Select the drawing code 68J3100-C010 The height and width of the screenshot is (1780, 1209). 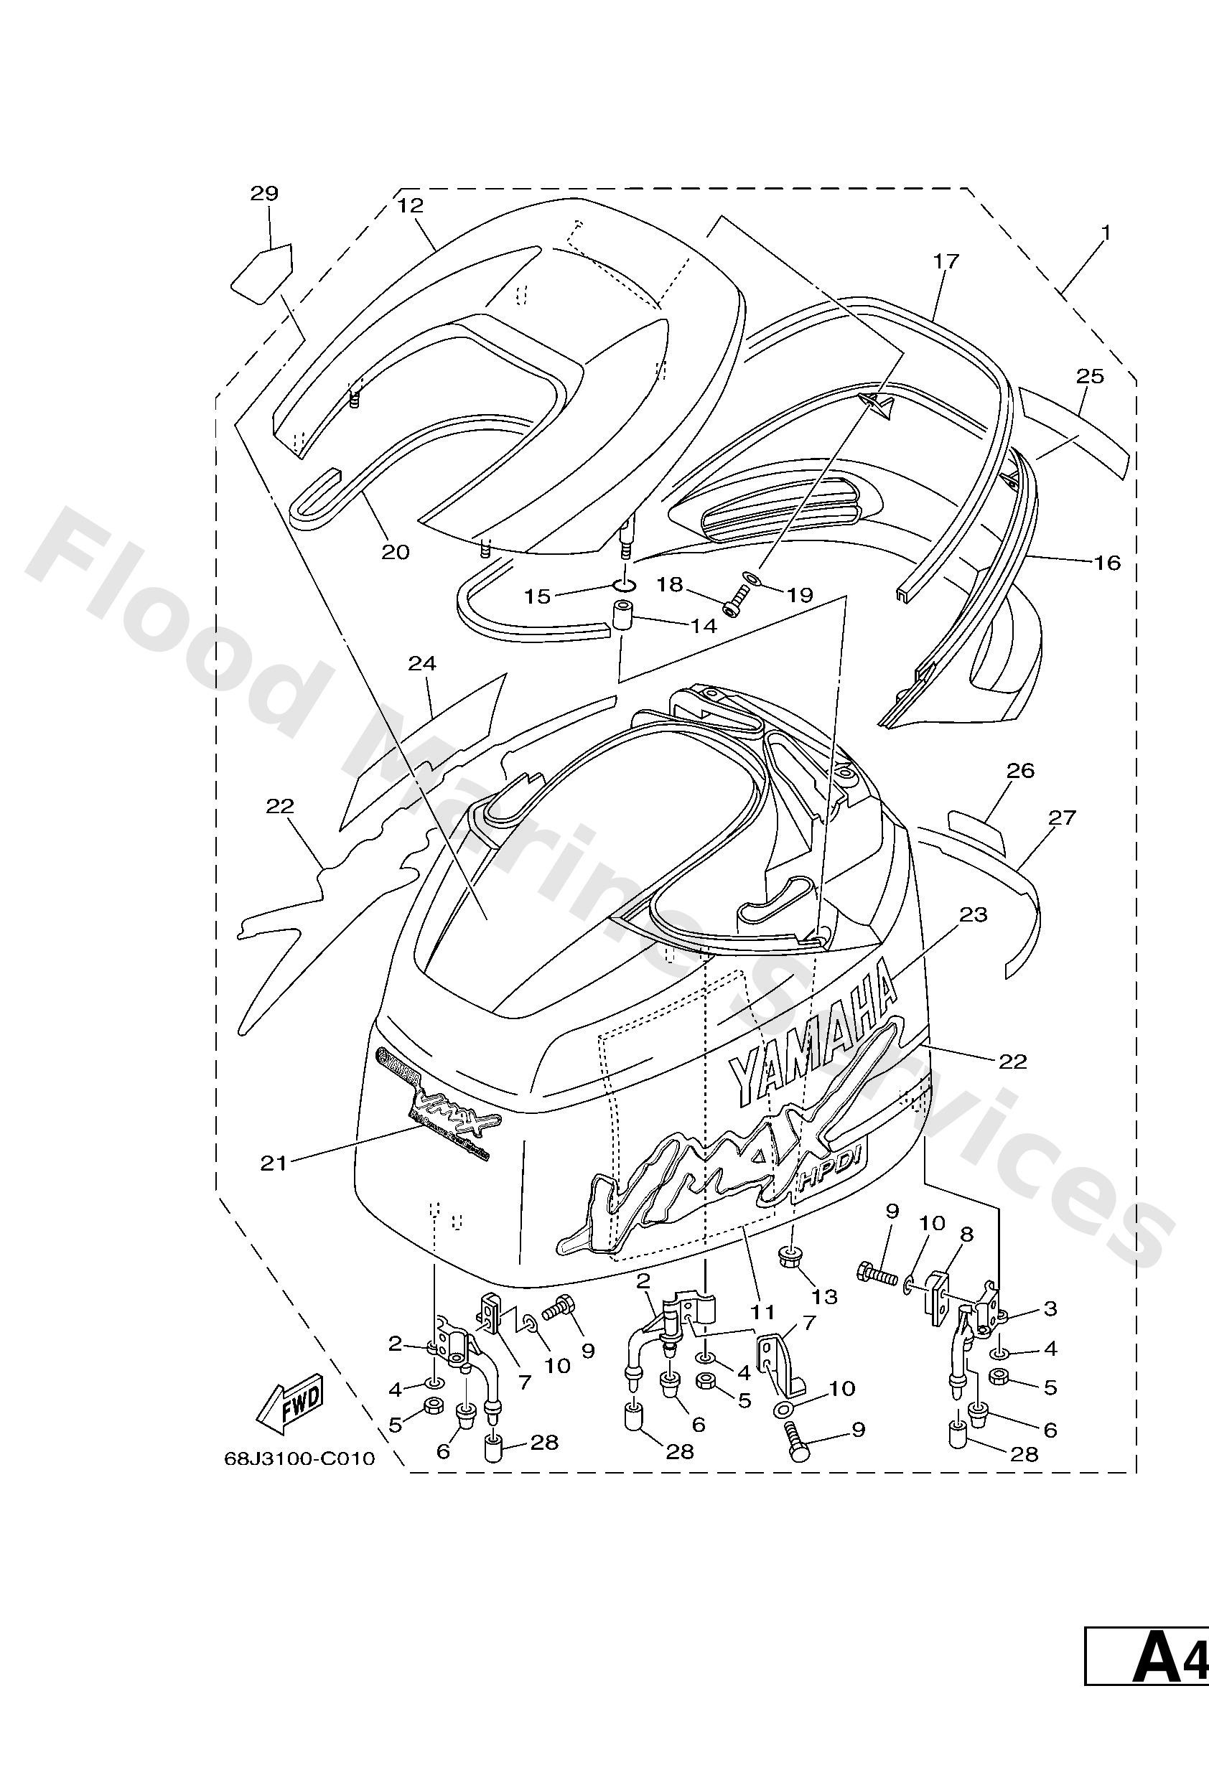click(299, 1458)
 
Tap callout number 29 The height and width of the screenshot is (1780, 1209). click(264, 193)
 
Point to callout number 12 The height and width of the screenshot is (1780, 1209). click(411, 205)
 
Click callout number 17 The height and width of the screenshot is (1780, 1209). click(946, 261)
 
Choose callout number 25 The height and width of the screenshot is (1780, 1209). click(1090, 376)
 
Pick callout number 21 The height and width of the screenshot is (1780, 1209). click(274, 1163)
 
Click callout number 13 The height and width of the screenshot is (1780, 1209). click(824, 1296)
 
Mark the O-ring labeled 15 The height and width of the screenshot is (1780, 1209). click(625, 586)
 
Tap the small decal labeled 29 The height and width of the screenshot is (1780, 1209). click(261, 273)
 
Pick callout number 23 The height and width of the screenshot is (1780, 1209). click(973, 914)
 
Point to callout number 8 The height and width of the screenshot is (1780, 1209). click(966, 1234)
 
